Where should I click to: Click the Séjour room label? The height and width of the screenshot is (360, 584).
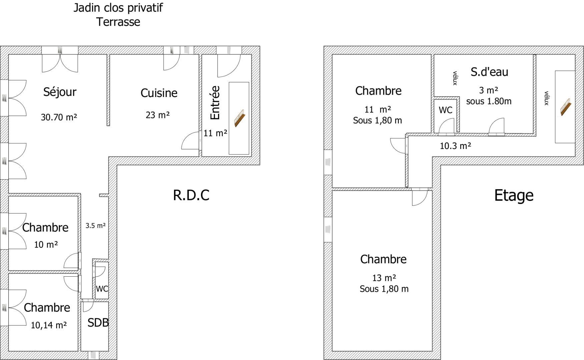point(60,92)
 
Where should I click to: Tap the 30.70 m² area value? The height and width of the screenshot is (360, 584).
point(59,117)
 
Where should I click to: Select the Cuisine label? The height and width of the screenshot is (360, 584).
point(159,93)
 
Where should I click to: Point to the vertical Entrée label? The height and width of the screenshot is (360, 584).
point(215,103)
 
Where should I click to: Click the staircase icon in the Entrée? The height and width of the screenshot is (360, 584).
point(239,118)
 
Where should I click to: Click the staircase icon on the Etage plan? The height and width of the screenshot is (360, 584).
point(566,107)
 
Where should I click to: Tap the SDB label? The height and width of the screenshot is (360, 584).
point(98,323)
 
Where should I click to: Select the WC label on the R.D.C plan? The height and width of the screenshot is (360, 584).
point(102,289)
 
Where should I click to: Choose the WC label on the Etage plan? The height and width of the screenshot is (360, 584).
point(446,110)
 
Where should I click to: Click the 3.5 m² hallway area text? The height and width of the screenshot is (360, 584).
point(96,226)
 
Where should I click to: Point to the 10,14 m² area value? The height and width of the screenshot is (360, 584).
point(49,325)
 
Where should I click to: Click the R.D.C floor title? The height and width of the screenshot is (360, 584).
point(191,195)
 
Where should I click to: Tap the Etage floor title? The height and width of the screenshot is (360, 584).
point(514,196)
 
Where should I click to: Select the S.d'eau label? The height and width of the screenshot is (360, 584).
point(489,72)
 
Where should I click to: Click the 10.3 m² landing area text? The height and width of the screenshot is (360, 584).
point(455,146)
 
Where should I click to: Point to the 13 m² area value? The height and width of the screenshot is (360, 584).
point(384,278)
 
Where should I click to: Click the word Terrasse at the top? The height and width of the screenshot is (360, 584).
point(118,22)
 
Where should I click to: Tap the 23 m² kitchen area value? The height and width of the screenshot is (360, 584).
point(158,115)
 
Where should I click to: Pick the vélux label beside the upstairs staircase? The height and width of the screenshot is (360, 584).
point(546,98)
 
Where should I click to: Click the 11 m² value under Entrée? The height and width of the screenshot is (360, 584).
point(215,133)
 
